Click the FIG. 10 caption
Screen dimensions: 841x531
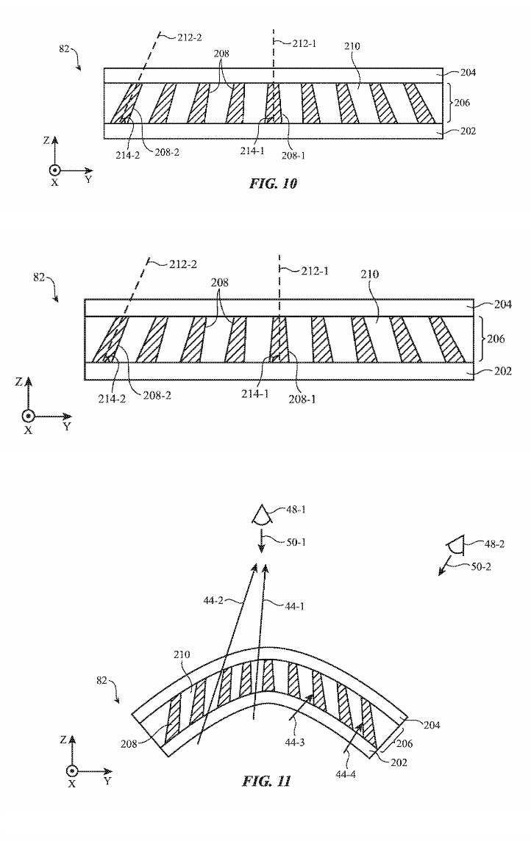pos(273,184)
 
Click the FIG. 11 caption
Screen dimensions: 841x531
pos(267,780)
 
